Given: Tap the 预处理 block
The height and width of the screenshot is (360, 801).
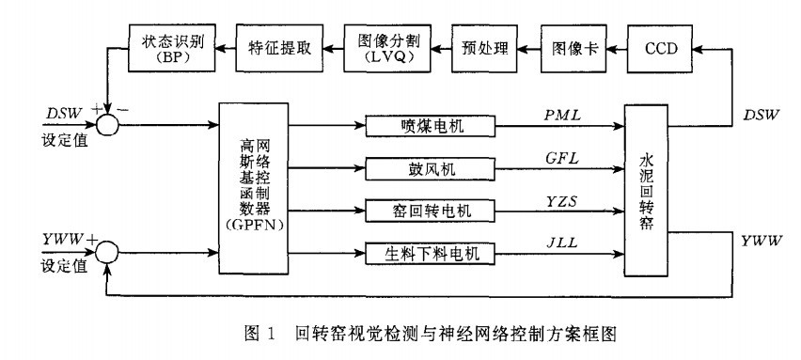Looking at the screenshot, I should pos(485,46).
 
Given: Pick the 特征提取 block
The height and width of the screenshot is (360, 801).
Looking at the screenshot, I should pos(279,46).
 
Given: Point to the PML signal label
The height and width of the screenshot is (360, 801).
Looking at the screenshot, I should pos(564,114).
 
